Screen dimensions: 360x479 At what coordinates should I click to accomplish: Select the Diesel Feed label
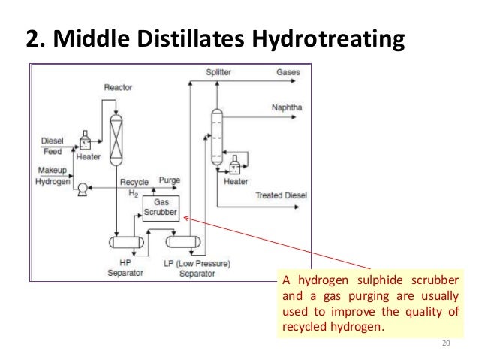click(52, 145)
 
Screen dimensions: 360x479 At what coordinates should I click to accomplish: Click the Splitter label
click(218, 73)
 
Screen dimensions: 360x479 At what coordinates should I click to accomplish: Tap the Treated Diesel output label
click(280, 195)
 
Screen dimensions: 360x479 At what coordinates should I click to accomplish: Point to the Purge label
click(170, 181)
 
